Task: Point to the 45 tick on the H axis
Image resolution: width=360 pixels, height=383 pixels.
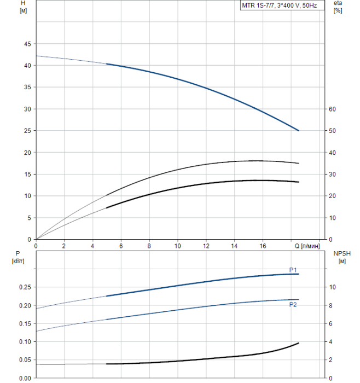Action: (27, 44)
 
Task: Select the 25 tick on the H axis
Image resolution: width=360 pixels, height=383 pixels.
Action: (27, 131)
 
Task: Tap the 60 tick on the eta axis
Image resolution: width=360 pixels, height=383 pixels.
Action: (332, 109)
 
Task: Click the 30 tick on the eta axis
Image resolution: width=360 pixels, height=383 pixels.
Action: (332, 175)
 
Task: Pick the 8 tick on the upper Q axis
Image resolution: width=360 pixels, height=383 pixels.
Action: (149, 246)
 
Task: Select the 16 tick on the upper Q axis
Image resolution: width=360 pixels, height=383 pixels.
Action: (263, 246)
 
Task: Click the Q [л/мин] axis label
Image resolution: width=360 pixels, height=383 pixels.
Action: (307, 246)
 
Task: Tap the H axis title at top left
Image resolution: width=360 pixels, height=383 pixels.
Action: (23, 7)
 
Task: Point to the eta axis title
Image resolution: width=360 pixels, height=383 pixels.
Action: (338, 7)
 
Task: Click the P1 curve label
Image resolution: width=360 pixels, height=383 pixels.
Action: (293, 270)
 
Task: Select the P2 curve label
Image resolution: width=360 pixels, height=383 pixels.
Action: (293, 305)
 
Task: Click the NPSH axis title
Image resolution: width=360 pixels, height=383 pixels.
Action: (342, 257)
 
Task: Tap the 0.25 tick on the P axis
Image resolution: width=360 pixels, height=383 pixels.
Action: (25, 287)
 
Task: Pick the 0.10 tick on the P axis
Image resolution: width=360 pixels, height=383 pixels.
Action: (25, 342)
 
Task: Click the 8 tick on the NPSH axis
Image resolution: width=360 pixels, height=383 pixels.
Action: (330, 305)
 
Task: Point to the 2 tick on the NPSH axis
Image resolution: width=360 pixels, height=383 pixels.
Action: (330, 360)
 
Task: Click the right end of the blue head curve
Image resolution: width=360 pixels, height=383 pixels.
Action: (299, 131)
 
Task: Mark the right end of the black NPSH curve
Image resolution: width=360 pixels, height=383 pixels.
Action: (299, 343)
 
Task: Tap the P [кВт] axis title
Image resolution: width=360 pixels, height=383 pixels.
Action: (18, 257)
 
